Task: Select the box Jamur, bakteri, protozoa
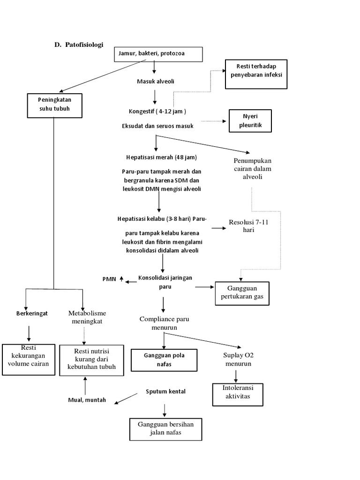coord(158,54)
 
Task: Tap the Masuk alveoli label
coord(155,82)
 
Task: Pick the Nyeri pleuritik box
coord(250,121)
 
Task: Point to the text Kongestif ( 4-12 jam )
coord(157,112)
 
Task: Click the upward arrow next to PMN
coord(121,279)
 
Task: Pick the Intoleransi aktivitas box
coord(236,392)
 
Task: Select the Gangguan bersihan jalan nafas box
coord(163,428)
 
